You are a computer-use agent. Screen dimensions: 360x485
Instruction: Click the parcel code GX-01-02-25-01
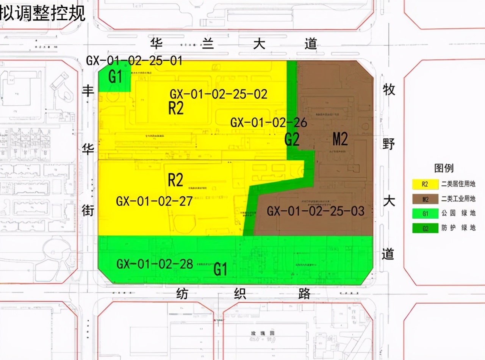134,61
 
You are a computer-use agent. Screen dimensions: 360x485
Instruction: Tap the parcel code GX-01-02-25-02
219,94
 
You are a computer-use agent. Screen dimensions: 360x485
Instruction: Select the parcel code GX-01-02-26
269,123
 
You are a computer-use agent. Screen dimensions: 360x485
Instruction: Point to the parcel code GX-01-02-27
154,201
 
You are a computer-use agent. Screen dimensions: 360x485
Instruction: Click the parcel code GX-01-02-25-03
316,211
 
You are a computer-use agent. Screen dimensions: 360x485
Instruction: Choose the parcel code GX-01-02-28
155,264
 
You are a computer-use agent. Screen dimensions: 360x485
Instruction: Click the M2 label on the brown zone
340,139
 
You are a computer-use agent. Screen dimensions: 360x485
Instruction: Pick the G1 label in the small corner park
115,77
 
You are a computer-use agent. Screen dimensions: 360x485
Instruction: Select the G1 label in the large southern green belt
220,269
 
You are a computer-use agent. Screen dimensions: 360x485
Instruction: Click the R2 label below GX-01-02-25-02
176,109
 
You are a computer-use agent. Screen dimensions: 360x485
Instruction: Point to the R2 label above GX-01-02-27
175,180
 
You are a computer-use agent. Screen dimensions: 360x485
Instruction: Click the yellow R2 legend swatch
425,185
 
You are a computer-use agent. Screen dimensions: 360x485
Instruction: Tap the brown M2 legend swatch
425,199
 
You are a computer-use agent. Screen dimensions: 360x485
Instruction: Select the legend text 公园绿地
458,214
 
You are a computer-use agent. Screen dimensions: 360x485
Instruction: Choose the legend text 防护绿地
458,228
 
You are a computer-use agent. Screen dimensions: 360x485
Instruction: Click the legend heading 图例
444,168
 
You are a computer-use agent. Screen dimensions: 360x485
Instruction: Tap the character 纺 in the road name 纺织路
182,294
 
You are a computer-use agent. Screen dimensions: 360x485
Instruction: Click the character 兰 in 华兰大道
208,44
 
